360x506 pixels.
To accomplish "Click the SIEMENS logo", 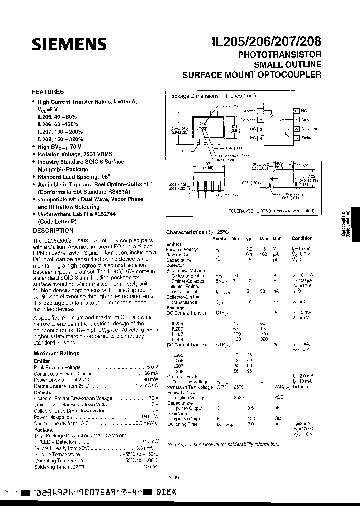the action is (x=69, y=44).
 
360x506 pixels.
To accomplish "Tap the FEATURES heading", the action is (x=47, y=92).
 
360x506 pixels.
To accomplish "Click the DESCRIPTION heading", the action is (x=53, y=231).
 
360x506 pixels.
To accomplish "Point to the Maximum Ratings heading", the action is (x=56, y=353).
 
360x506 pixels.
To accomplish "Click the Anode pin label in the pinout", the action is (x=249, y=110).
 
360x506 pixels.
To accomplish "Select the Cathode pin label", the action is (x=248, y=120).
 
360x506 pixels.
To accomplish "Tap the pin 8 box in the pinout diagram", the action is (x=296, y=111).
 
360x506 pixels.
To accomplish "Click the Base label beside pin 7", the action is (x=306, y=120).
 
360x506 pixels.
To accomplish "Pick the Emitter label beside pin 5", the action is (x=308, y=137).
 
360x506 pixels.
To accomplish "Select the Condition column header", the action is (x=302, y=239).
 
